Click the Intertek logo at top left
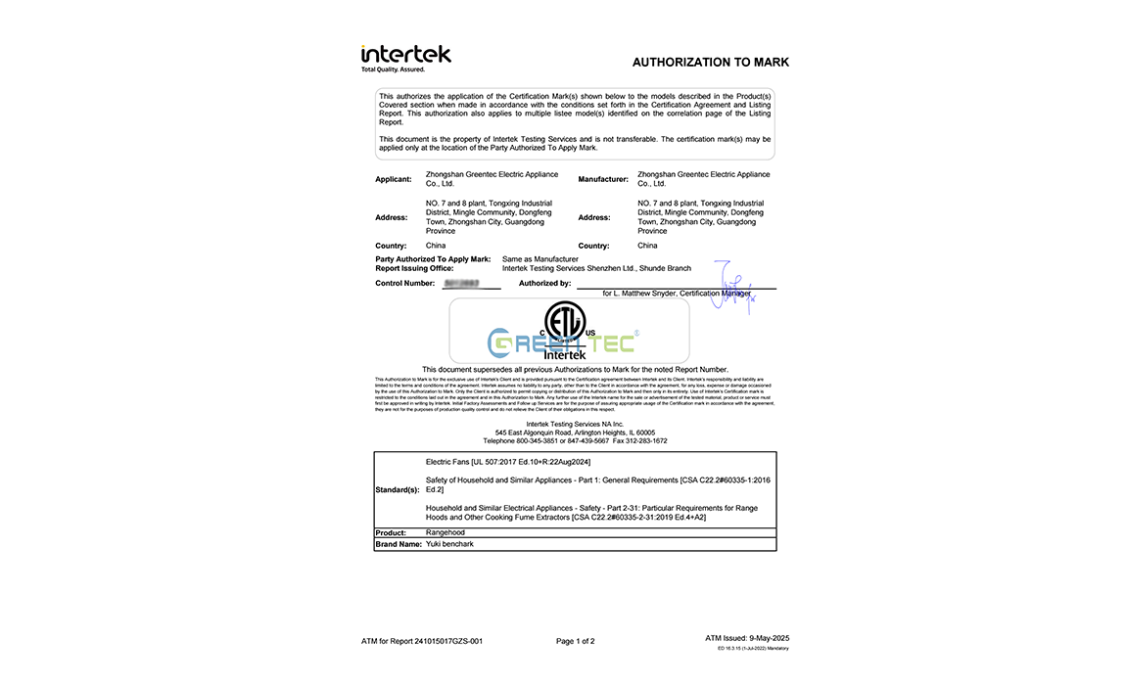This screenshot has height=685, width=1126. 405,58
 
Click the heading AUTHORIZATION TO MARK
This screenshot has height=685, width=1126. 710,63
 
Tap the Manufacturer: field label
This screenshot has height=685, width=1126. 602,180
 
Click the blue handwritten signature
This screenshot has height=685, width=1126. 729,286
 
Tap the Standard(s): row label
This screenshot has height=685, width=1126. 397,489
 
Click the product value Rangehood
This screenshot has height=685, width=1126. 446,532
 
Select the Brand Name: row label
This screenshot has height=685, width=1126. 398,544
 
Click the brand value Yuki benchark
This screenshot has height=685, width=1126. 449,544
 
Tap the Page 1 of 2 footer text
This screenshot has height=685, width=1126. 576,641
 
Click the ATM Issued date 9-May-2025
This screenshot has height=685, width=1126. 766,638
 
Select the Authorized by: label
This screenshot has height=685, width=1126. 544,284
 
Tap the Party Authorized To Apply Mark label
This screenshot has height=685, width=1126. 433,259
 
